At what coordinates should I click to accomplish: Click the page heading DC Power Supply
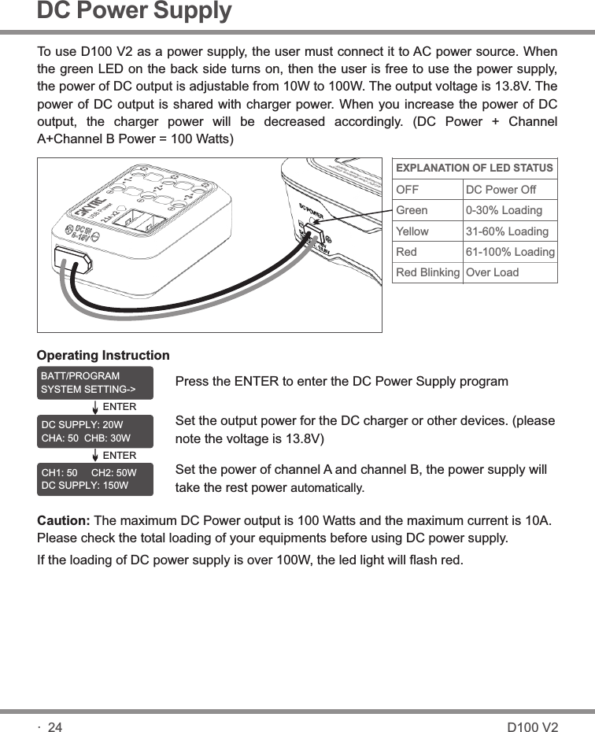(x=135, y=12)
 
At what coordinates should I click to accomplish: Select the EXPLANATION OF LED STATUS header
(x=474, y=168)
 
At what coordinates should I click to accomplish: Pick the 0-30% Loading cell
(x=504, y=211)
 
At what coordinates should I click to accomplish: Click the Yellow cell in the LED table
(x=413, y=232)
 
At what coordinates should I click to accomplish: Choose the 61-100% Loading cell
(x=510, y=253)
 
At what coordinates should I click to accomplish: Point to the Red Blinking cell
(x=427, y=273)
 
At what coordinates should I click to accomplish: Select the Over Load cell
(x=493, y=273)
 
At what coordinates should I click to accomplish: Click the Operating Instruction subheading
(x=103, y=356)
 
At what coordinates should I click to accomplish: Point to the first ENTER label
(x=120, y=407)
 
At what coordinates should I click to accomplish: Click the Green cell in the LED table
(x=412, y=211)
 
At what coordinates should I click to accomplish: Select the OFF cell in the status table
(x=408, y=190)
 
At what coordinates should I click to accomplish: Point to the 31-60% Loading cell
(x=507, y=232)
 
